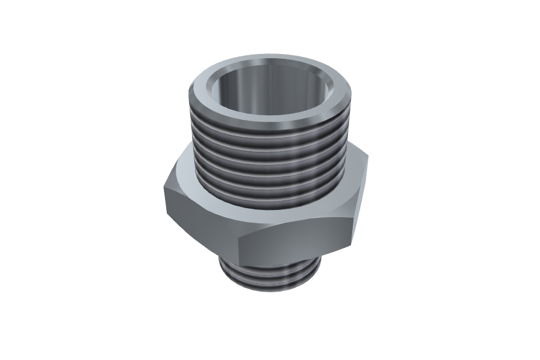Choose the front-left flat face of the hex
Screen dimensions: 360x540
pos(198,222)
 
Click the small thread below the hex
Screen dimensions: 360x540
pos(270,276)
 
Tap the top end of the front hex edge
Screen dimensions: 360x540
pos(238,236)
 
